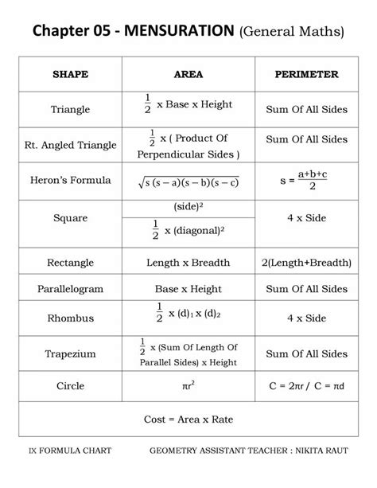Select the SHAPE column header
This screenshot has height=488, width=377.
pyautogui.click(x=70, y=75)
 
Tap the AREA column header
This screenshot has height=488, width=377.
pyautogui.click(x=188, y=75)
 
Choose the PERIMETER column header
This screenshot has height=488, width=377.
pyautogui.click(x=306, y=75)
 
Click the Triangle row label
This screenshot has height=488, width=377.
pyautogui.click(x=70, y=109)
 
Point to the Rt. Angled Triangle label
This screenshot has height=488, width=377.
pyautogui.click(x=70, y=146)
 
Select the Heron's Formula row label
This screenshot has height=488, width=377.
pyautogui.click(x=70, y=181)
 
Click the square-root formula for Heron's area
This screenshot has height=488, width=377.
pyautogui.click(x=188, y=182)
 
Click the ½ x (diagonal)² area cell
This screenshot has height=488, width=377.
pyautogui.click(x=188, y=231)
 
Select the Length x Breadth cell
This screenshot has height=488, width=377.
pyautogui.click(x=188, y=262)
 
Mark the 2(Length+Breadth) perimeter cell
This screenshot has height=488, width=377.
pyautogui.click(x=306, y=262)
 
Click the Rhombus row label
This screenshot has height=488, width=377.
pyautogui.click(x=70, y=318)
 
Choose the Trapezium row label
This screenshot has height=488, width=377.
pyautogui.click(x=70, y=354)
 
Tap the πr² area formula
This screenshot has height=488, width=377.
pyautogui.click(x=188, y=386)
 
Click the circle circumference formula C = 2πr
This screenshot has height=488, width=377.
pyautogui.click(x=286, y=386)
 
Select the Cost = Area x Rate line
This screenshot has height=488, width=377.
pyautogui.click(x=188, y=420)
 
